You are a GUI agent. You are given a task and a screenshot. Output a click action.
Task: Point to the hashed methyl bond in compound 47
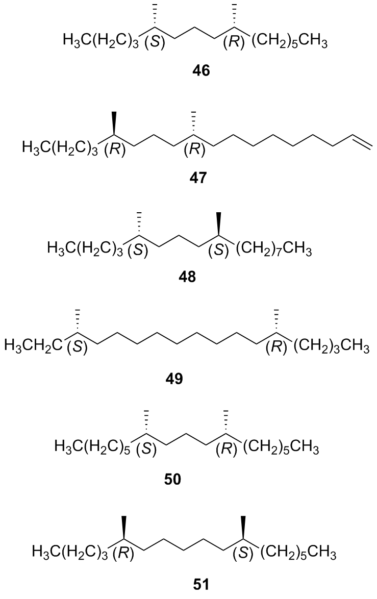pyautogui.click(x=195, y=123)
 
